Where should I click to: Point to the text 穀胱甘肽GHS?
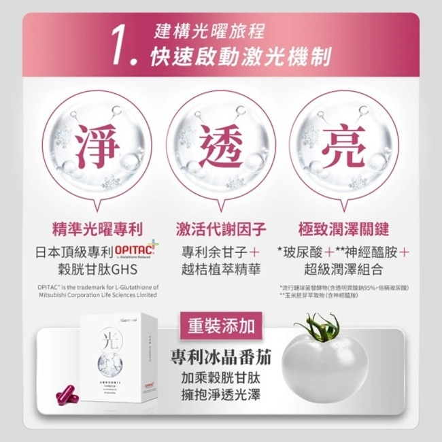pos(95,268)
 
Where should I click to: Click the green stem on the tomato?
pos(320,324)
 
